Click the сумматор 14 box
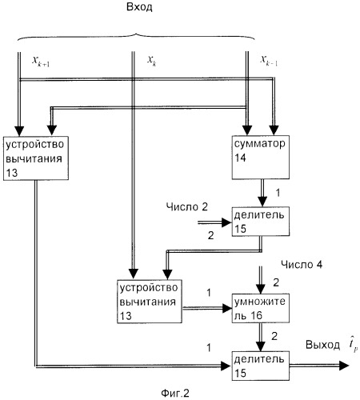click(261, 157)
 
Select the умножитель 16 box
click(261, 308)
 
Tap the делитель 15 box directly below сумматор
click(261, 222)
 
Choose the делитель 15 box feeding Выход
click(261, 366)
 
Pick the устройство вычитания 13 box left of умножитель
click(150, 302)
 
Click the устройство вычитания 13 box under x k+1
click(36, 158)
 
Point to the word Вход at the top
click(139, 7)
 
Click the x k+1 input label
click(41, 62)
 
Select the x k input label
click(152, 61)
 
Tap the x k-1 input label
click(269, 61)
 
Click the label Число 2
click(186, 207)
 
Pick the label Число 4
click(302, 265)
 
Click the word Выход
click(322, 345)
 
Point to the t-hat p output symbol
click(353, 346)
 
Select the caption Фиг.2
click(175, 394)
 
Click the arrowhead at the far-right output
click(344, 366)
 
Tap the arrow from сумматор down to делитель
click(262, 193)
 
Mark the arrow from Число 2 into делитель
click(214, 222)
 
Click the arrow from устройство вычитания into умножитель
click(207, 309)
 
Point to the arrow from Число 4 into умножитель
click(260, 280)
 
